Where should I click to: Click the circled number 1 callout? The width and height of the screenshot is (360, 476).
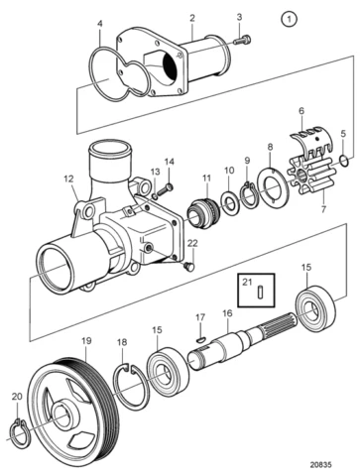coord(289,19)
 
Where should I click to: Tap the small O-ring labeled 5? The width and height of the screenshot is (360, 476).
coord(342,160)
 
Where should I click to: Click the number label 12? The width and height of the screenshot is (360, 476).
coord(68,179)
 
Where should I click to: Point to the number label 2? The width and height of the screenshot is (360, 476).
coord(191,17)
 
